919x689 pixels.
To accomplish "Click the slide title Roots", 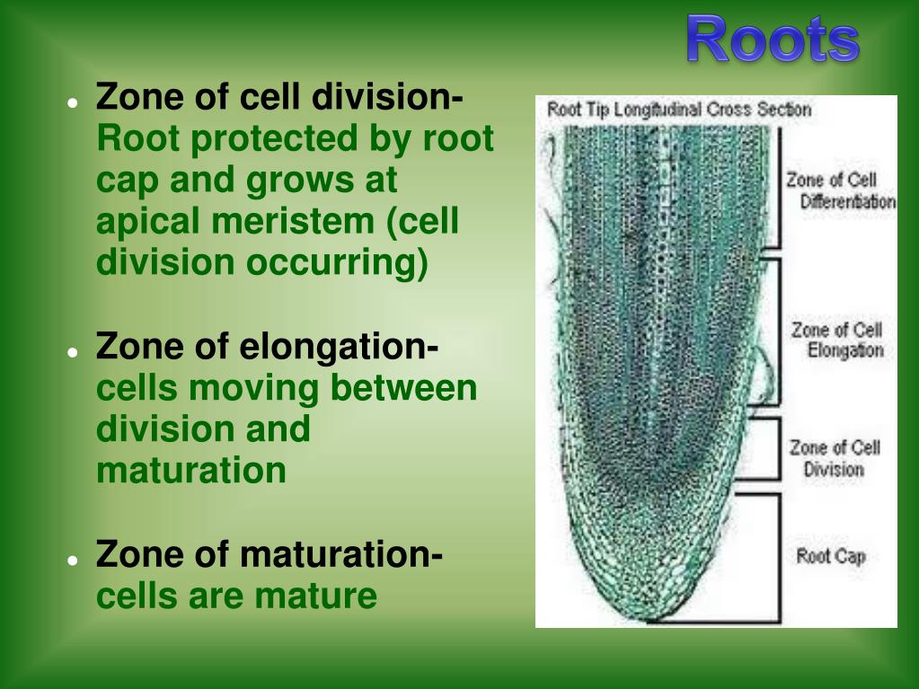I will click(x=772, y=40).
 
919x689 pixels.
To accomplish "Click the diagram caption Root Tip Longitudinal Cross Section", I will click(x=678, y=110).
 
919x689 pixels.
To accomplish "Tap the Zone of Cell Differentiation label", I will click(x=840, y=190).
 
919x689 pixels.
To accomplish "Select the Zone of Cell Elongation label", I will click(x=836, y=340).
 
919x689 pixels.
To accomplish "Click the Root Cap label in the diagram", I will click(x=830, y=556).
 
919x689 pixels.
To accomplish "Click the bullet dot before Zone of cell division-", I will click(x=71, y=102).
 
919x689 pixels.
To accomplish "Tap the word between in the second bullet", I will click(x=403, y=388).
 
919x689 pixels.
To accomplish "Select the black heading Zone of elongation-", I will click(x=267, y=346).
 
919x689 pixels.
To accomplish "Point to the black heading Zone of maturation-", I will click(x=269, y=554).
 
